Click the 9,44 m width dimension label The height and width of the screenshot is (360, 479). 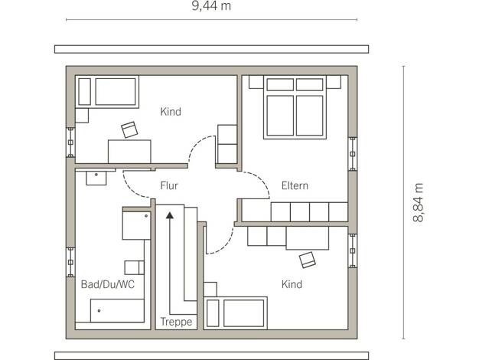pyautogui.click(x=211, y=6)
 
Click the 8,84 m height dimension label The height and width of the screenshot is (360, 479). pyautogui.click(x=419, y=202)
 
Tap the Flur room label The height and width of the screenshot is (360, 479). pyautogui.click(x=169, y=185)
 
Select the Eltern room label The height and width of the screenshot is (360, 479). pyautogui.click(x=295, y=185)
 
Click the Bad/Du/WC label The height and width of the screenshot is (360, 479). pyautogui.click(x=108, y=284)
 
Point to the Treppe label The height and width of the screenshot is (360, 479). pyautogui.click(x=176, y=322)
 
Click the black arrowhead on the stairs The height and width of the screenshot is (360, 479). pyautogui.click(x=170, y=215)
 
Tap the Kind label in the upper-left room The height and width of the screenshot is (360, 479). pyautogui.click(x=171, y=112)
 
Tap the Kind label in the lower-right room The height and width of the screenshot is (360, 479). pyautogui.click(x=292, y=284)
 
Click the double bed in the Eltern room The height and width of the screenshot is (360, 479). pyautogui.click(x=295, y=107)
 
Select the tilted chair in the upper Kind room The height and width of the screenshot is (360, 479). pyautogui.click(x=129, y=129)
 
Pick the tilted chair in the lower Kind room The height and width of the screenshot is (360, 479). pyautogui.click(x=308, y=260)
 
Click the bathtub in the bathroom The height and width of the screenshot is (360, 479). pyautogui.click(x=117, y=310)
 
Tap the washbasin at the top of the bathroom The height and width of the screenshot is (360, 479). pyautogui.click(x=96, y=178)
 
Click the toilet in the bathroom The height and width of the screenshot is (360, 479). pyautogui.click(x=135, y=267)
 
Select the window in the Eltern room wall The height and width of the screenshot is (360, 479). pyautogui.click(x=353, y=154)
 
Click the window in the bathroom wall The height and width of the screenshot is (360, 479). pyautogui.click(x=70, y=262)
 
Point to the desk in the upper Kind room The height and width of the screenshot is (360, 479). pyautogui.click(x=129, y=152)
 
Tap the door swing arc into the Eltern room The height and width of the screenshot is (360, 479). pyautogui.click(x=261, y=181)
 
